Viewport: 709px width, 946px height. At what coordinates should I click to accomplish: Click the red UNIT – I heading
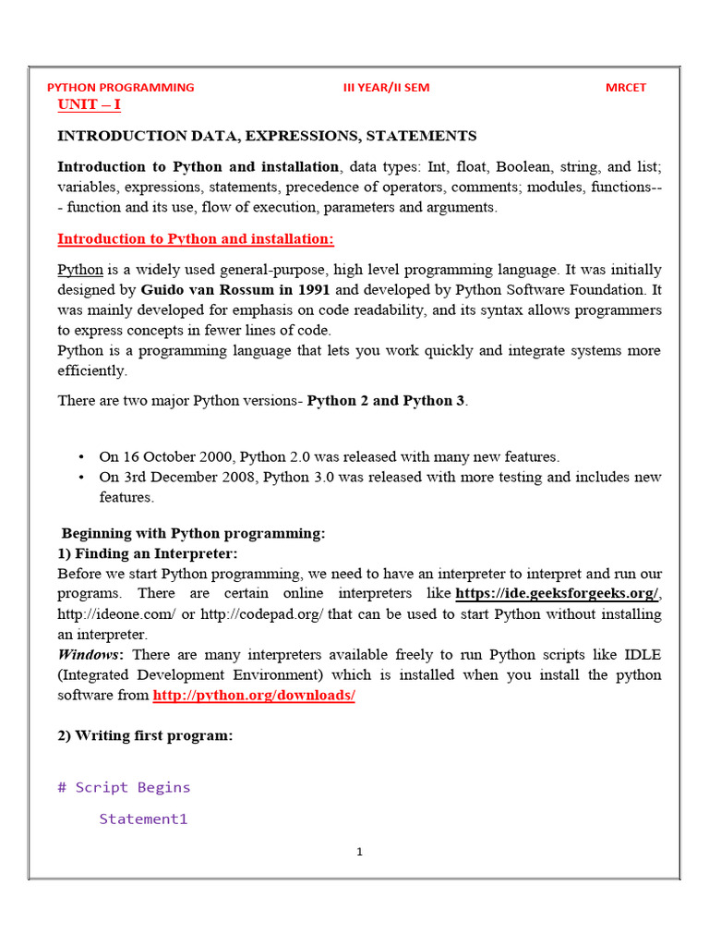(x=89, y=104)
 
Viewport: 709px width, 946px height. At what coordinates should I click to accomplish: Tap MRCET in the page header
(x=625, y=88)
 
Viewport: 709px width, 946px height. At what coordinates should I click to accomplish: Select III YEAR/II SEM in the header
(x=386, y=88)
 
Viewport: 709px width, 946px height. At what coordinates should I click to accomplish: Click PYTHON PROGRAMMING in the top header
(x=120, y=88)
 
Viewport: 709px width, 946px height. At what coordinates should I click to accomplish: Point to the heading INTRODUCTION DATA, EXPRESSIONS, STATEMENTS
(x=267, y=136)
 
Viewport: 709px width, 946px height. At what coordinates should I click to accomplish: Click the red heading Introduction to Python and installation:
(x=196, y=239)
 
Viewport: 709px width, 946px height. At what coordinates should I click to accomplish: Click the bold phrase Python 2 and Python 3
(x=386, y=401)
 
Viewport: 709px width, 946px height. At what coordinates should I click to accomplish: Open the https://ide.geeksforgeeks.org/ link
(x=557, y=593)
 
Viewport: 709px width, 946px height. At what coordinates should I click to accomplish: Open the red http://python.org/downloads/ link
(x=254, y=695)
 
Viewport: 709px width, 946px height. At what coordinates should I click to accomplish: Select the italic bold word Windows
(x=90, y=654)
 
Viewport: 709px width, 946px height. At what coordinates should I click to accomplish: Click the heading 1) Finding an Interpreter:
(x=148, y=553)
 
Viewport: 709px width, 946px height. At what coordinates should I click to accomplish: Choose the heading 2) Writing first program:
(x=145, y=735)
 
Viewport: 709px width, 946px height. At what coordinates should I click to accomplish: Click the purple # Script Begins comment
(x=124, y=787)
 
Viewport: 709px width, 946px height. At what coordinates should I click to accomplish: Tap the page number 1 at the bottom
(x=359, y=852)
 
